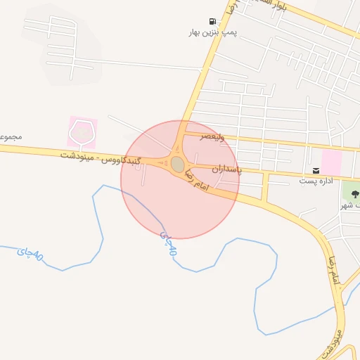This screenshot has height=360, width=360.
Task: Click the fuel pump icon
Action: (x=212, y=22)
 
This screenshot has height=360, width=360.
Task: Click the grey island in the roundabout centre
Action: (x=177, y=164)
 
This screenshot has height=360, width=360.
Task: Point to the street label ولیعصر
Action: (x=212, y=136)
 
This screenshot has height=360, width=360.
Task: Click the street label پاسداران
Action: (x=226, y=169)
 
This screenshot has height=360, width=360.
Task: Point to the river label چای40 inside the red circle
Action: (x=169, y=243)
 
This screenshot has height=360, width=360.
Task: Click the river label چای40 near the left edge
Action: (x=30, y=255)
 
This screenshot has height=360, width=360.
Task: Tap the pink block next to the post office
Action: (x=332, y=162)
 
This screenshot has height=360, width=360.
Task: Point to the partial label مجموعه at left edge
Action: (x=9, y=136)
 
